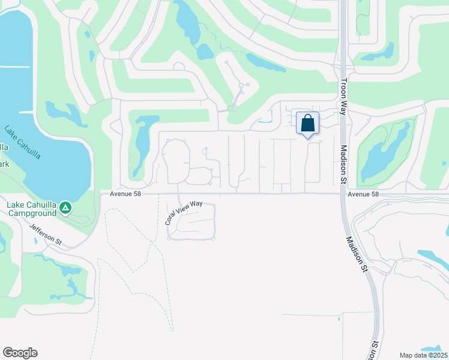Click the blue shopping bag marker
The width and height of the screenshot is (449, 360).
tap(307, 124)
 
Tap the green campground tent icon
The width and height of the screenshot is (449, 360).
tap(65, 208)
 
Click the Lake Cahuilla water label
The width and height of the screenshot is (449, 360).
tap(22, 142)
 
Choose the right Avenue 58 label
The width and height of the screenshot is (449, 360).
tap(364, 194)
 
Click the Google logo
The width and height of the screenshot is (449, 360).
tap(20, 353)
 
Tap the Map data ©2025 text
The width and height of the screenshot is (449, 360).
tap(423, 355)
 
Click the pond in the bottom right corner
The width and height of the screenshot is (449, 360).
tap(432, 349)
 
